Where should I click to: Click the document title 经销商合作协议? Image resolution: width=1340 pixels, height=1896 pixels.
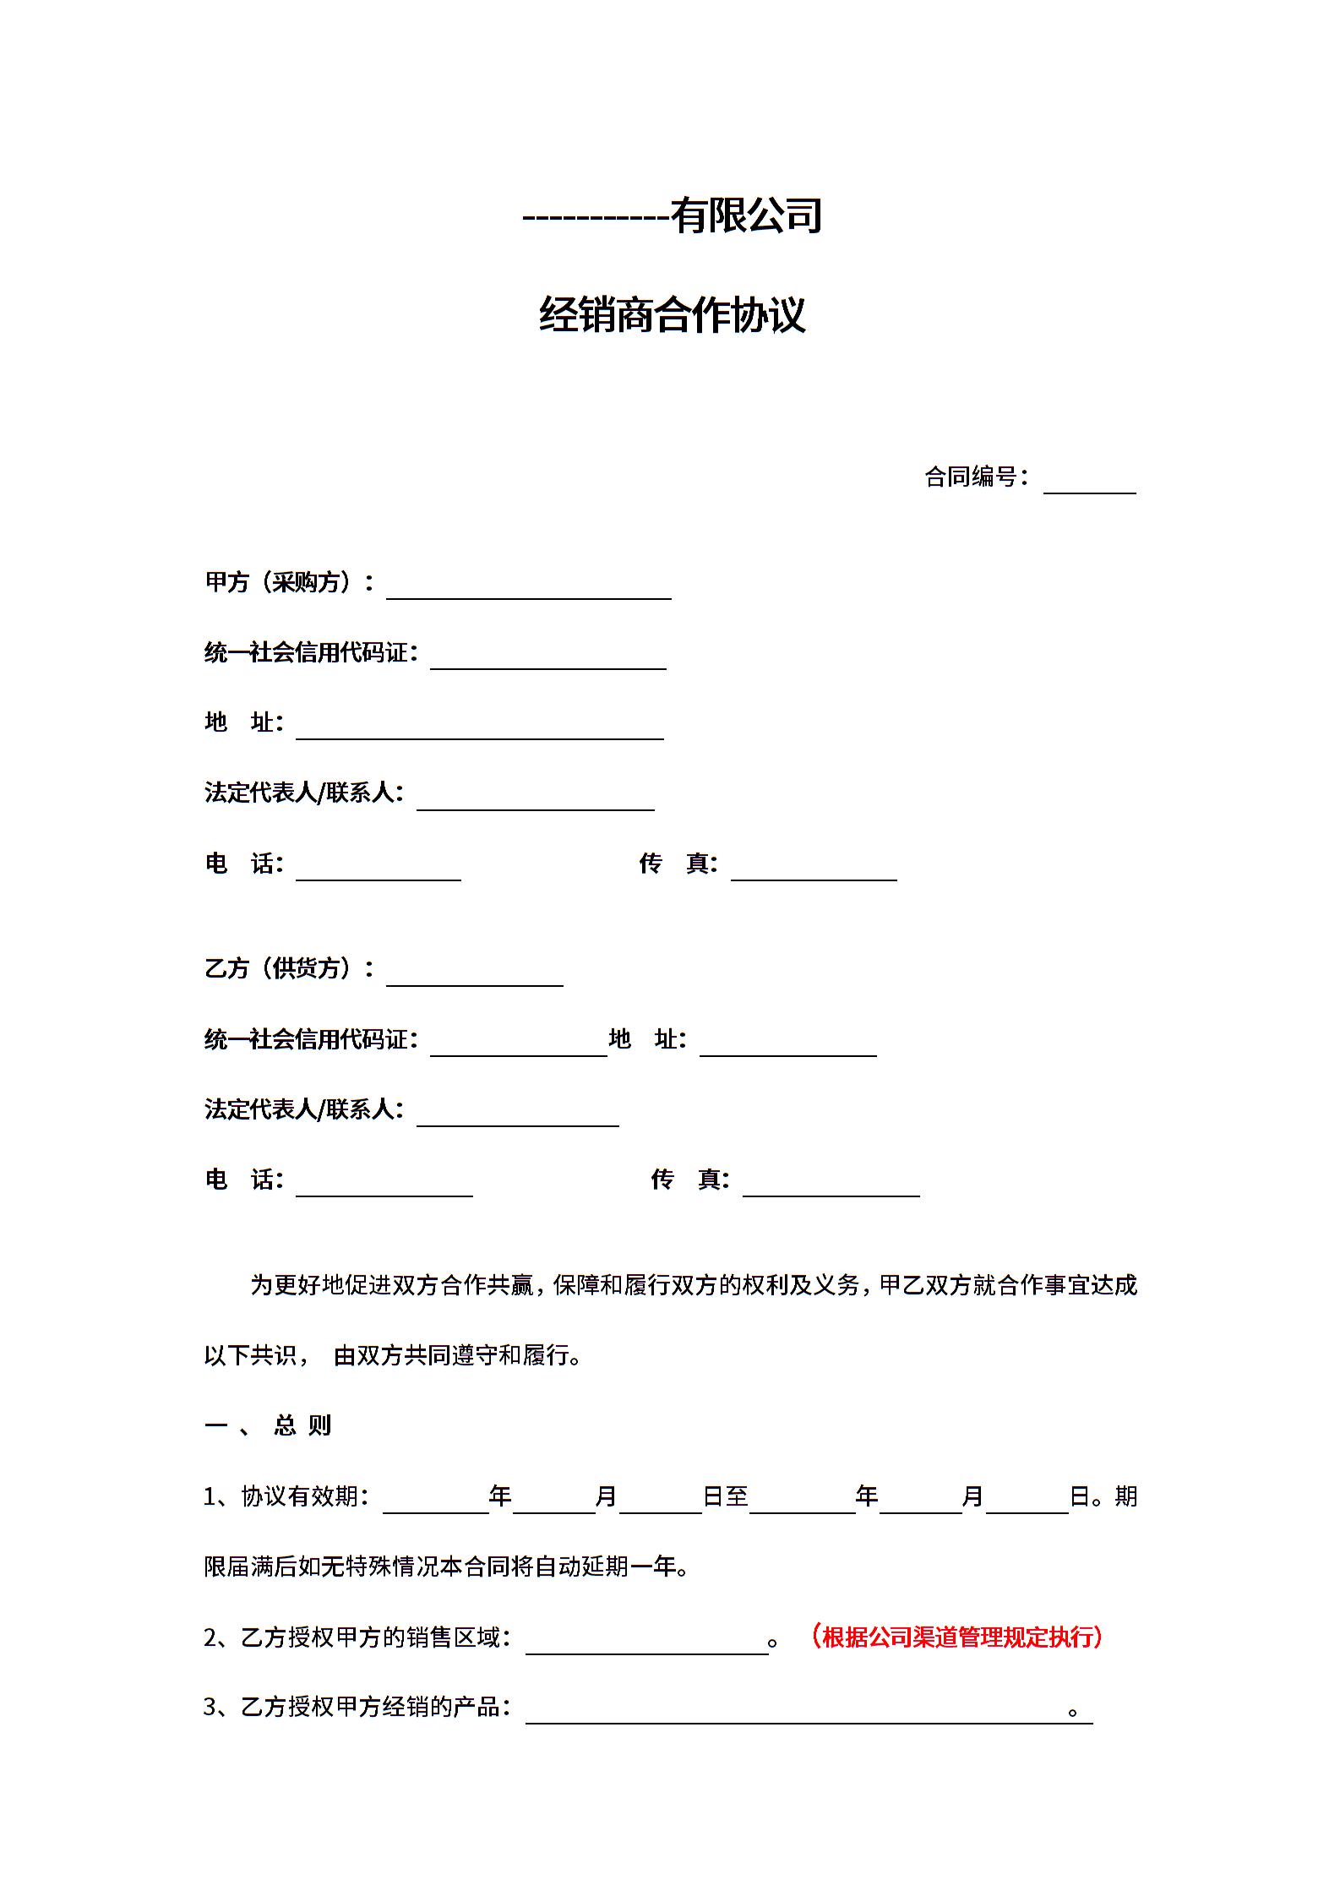point(672,315)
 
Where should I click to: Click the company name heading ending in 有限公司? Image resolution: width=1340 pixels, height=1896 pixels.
point(672,215)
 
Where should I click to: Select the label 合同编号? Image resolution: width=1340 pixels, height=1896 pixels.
point(971,477)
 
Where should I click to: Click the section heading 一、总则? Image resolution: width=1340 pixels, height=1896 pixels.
point(268,1425)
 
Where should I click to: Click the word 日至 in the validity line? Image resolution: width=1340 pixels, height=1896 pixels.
point(726,1496)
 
